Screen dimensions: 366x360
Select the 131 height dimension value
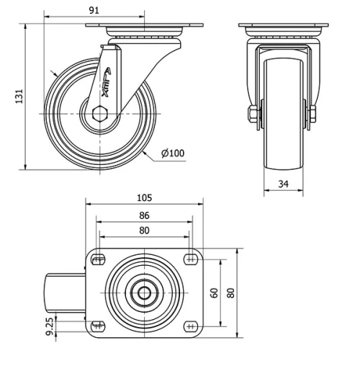pyautogui.click(x=19, y=95)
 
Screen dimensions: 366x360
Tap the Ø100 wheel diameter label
pyautogui.click(x=173, y=153)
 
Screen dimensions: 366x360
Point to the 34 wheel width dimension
pyautogui.click(x=284, y=185)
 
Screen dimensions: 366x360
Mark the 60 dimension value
pyautogui.click(x=214, y=293)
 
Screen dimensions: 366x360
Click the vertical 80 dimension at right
pyautogui.click(x=230, y=293)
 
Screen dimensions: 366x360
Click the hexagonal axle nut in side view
pyautogui.click(x=102, y=113)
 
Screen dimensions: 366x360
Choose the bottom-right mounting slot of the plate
pyautogui.click(x=190, y=325)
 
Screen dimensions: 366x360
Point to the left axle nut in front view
pyautogui.click(x=253, y=115)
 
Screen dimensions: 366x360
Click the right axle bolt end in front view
pyautogui.click(x=314, y=115)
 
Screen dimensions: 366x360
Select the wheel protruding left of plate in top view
pyautogui.click(x=67, y=293)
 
